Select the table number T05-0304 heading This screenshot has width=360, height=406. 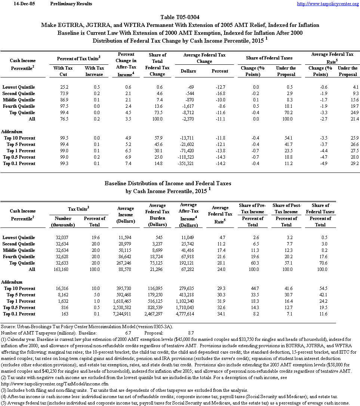[x=180, y=17]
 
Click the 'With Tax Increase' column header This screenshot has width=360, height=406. [x=94, y=71]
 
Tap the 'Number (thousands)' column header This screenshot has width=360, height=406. [x=63, y=222]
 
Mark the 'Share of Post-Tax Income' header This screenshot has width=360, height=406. [x=286, y=208]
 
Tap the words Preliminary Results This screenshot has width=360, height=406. [x=71, y=4]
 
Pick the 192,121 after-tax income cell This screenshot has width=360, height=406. [x=188, y=263]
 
